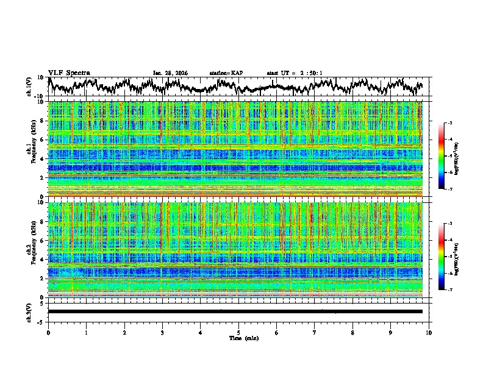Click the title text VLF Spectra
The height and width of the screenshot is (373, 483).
[69, 73]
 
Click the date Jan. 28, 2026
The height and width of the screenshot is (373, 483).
[170, 73]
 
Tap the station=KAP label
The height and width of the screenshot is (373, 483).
[226, 73]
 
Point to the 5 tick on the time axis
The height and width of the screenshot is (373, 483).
[238, 332]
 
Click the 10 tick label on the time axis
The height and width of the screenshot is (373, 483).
[429, 332]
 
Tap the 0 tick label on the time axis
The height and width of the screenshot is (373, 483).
[48, 332]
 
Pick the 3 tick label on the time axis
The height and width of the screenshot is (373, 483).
[162, 332]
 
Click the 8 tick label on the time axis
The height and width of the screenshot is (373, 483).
[352, 332]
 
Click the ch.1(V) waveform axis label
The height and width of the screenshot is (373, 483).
[29, 87]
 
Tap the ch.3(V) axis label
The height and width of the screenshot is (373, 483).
[29, 311]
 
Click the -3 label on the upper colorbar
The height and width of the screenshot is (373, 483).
[449, 123]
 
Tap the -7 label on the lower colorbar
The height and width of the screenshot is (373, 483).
[449, 291]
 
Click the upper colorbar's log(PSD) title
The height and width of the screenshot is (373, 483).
[464, 156]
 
